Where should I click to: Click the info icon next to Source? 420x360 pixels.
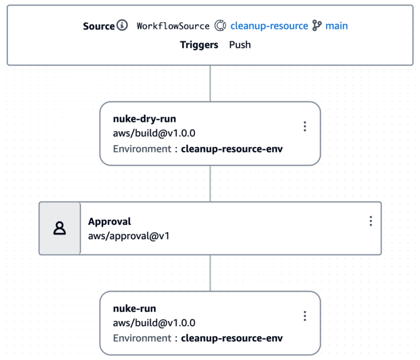click(x=122, y=25)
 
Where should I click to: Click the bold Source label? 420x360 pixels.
click(x=99, y=26)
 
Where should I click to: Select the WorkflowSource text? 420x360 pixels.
click(x=173, y=26)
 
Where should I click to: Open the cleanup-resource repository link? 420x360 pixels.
click(x=269, y=26)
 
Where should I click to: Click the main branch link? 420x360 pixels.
click(x=337, y=26)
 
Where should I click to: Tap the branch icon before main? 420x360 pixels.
click(x=317, y=26)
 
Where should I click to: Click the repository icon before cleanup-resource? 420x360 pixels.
click(x=220, y=26)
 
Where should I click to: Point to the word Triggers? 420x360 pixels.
click(x=199, y=45)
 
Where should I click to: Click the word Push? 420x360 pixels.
click(x=240, y=45)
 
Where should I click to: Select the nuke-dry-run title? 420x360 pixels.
click(x=145, y=119)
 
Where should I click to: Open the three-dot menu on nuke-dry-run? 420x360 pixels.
click(x=305, y=126)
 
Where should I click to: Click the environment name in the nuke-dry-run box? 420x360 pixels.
click(x=232, y=149)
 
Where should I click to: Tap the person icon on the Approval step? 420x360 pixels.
click(x=59, y=228)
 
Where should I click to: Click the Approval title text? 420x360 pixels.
click(x=110, y=222)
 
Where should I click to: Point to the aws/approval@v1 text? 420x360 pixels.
click(x=129, y=236)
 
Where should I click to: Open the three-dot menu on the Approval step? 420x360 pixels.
click(x=371, y=221)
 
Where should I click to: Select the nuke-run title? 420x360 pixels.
click(x=134, y=308)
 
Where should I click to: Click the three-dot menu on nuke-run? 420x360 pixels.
click(x=305, y=316)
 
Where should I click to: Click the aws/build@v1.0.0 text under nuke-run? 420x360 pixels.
click(x=154, y=323)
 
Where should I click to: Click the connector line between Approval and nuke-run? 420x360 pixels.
click(x=211, y=273)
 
